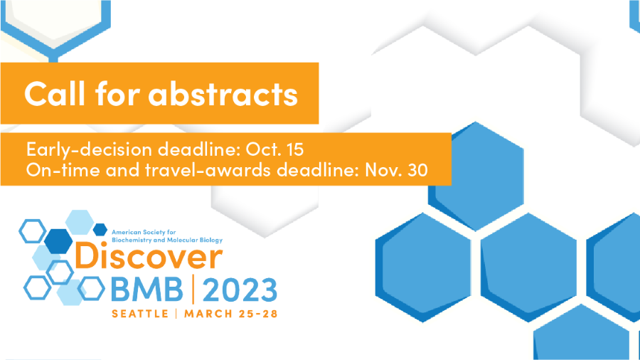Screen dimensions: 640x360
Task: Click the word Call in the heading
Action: coord(55,93)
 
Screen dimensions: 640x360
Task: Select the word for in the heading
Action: coord(117,93)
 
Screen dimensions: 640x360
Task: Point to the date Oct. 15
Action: coord(274,149)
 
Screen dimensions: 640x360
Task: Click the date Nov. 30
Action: coord(396,170)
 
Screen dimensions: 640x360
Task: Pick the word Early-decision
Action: coord(89,149)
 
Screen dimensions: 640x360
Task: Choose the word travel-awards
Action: coord(208,170)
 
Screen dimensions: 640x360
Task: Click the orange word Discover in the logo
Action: coord(149,256)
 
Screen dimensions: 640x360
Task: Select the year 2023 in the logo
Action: coord(240,290)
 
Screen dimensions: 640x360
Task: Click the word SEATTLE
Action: coord(140,314)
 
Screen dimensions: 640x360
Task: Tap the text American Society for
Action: coord(144,232)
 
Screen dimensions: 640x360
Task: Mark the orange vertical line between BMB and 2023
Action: coord(193,290)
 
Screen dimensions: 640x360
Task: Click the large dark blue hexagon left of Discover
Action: coord(58,241)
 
